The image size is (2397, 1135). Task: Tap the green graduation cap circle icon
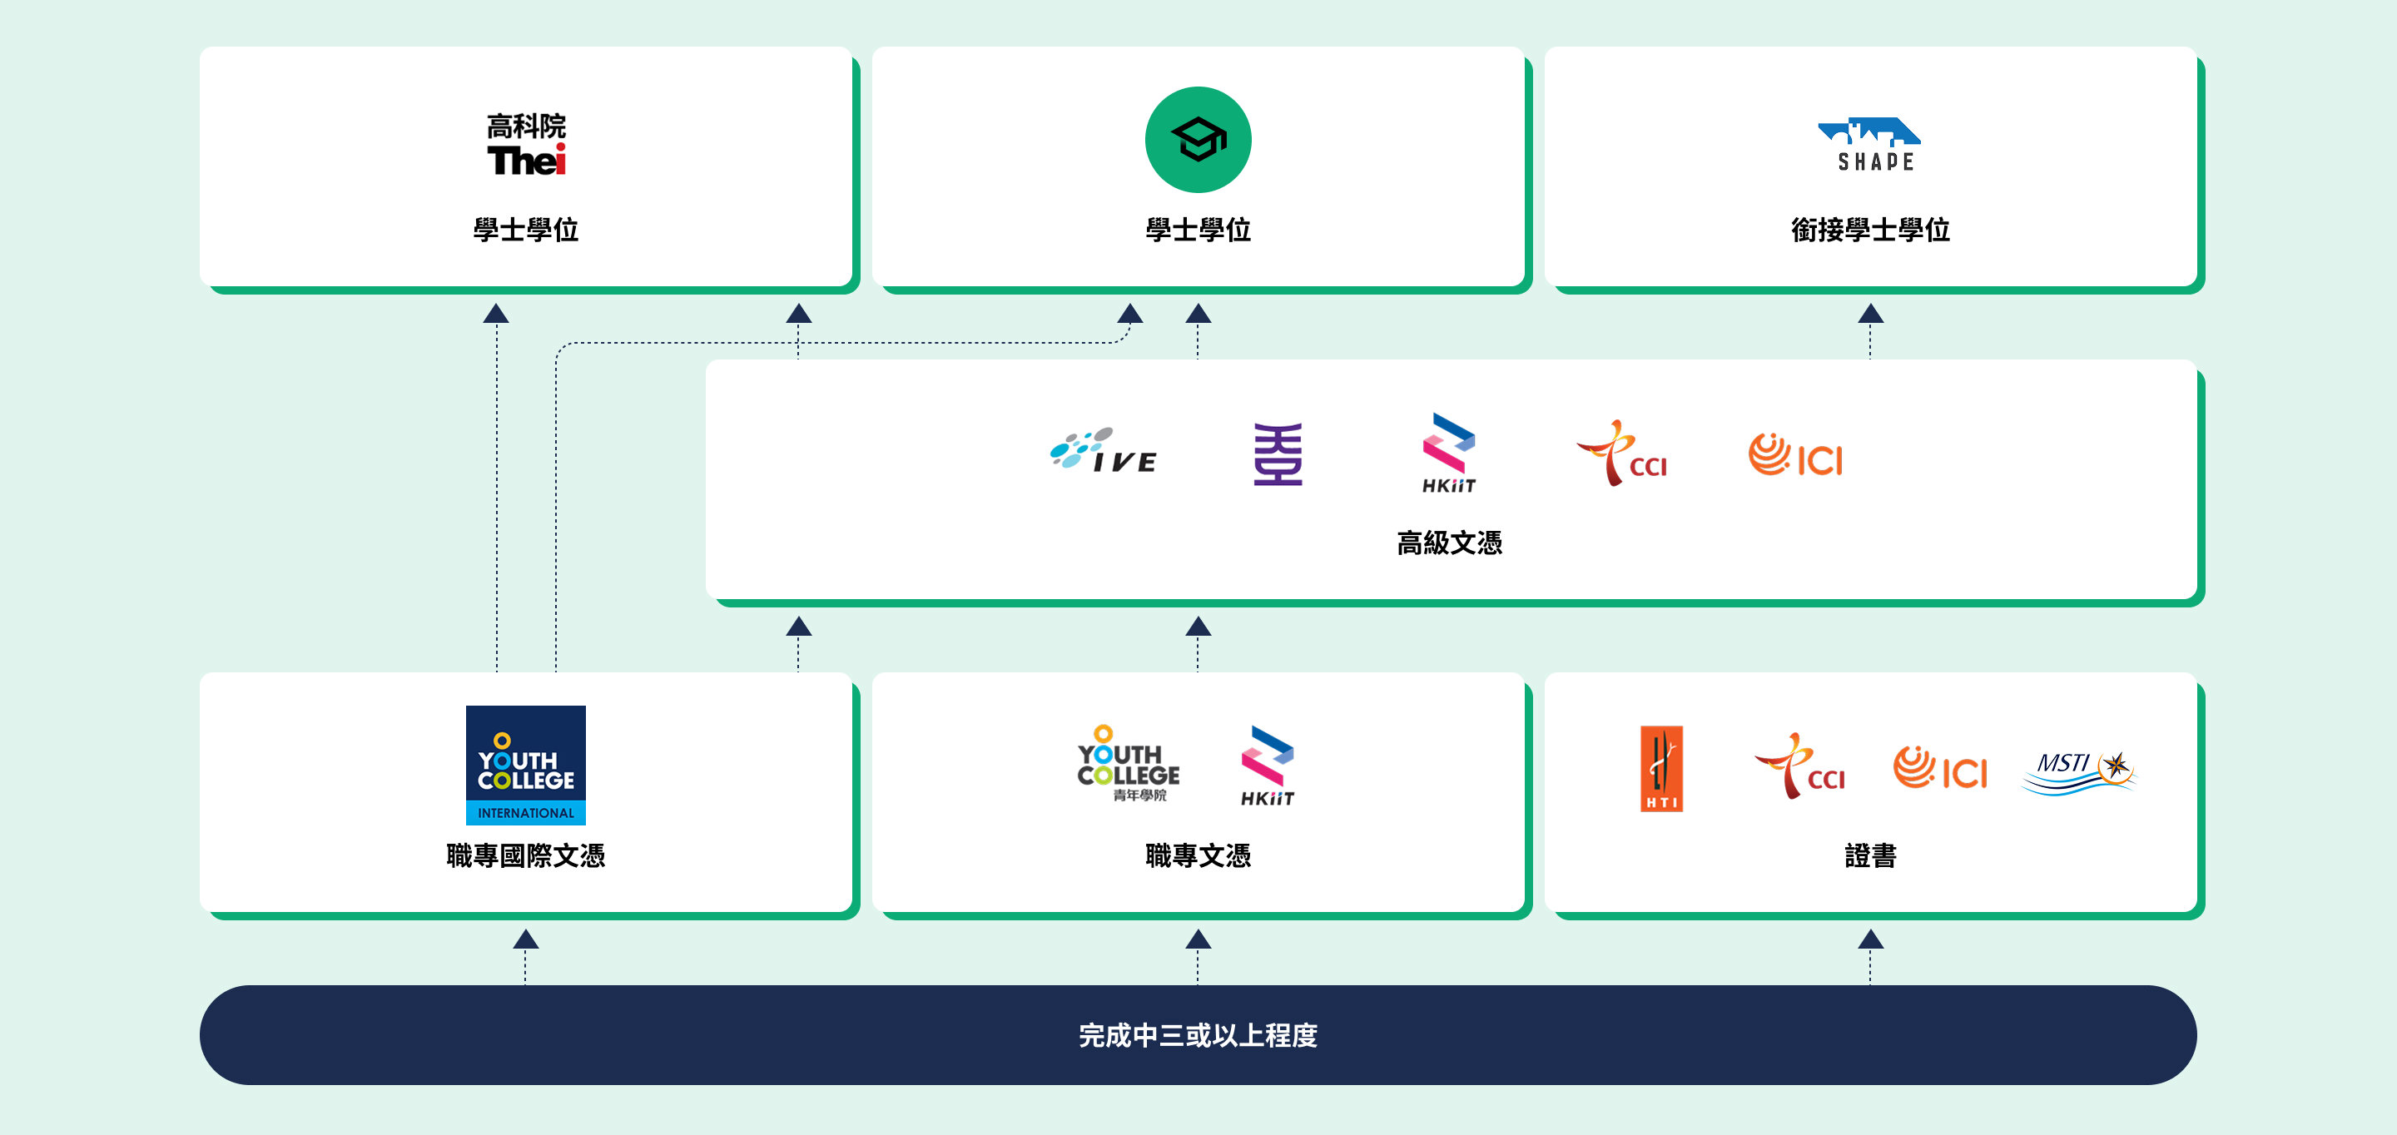tap(1198, 140)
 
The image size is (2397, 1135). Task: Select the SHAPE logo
tap(1870, 145)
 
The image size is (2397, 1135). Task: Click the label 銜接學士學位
tap(1870, 230)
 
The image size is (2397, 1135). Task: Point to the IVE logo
tap(1104, 451)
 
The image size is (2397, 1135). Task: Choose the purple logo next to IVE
tap(1278, 455)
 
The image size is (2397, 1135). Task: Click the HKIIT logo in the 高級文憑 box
tap(1449, 453)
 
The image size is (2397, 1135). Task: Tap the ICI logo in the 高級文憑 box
tap(1795, 455)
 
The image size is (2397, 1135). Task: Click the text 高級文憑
tap(1449, 543)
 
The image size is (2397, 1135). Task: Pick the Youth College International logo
tap(526, 765)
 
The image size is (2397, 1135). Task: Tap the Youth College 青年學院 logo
tap(1128, 764)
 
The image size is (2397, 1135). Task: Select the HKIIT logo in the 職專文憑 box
tap(1268, 766)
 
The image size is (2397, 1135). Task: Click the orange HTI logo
tap(1661, 768)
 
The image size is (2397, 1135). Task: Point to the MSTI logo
tap(2079, 772)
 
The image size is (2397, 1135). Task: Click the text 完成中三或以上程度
tap(1198, 1035)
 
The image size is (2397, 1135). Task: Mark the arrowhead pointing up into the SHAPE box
tap(1870, 314)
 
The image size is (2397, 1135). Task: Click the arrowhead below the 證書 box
tap(1870, 939)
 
